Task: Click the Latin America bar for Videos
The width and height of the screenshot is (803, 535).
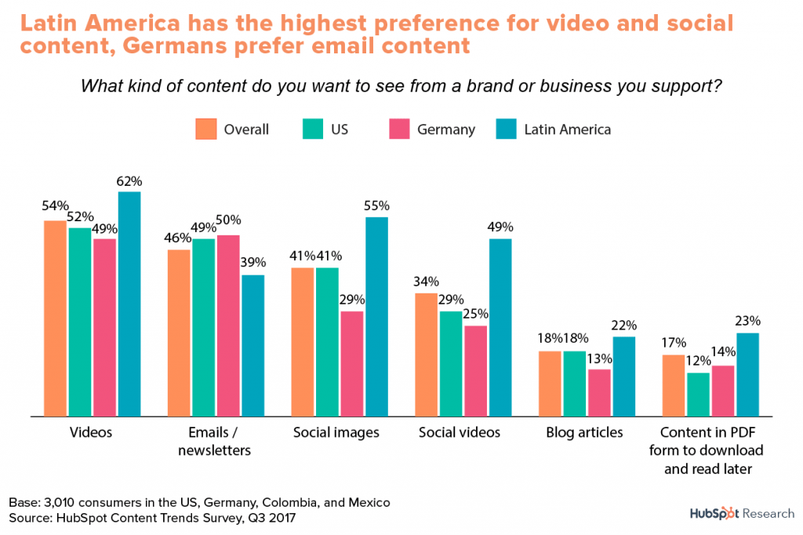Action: (129, 304)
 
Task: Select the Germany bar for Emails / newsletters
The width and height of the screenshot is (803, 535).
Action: (228, 325)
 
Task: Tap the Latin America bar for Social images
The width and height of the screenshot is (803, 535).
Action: (376, 316)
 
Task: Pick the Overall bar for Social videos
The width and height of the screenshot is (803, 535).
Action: (427, 354)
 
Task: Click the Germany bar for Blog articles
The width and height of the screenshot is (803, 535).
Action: (600, 392)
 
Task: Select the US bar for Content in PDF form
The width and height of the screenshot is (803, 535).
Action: (699, 394)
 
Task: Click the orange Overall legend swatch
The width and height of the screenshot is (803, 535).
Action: (205, 129)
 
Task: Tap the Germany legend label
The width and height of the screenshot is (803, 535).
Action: (447, 129)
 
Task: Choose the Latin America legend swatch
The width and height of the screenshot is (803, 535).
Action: (507, 129)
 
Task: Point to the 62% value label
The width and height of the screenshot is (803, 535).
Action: (130, 181)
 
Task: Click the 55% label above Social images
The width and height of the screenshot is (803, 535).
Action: (376, 206)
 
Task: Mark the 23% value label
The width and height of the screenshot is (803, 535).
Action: (747, 322)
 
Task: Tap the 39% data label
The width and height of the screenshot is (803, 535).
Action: (253, 263)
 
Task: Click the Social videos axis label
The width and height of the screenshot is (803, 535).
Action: (460, 433)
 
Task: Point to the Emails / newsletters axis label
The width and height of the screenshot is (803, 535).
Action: (214, 441)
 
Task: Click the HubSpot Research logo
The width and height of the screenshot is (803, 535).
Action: (740, 515)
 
